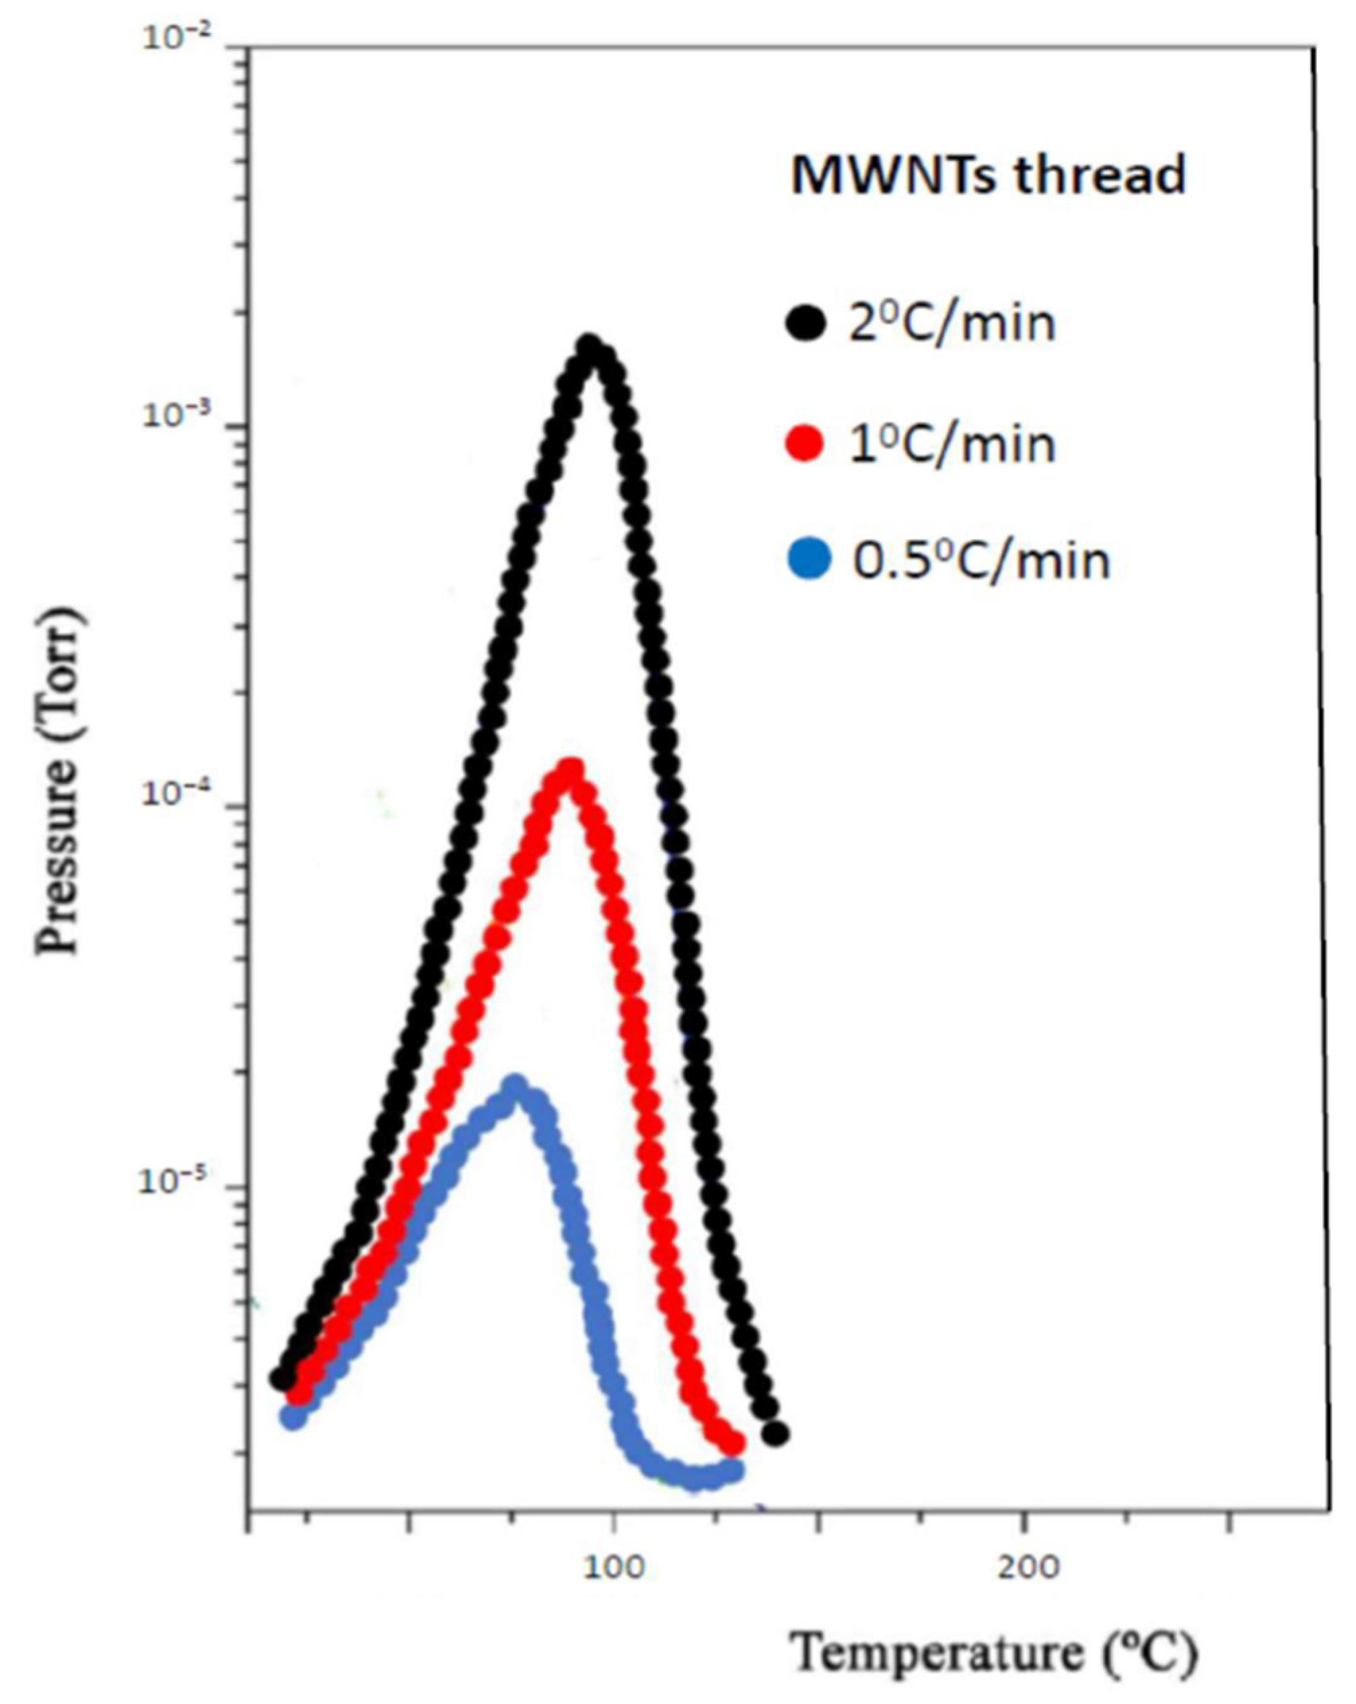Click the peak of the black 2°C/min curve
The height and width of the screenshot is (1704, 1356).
coord(588,349)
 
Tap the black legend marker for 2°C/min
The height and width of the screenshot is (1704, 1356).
coord(806,322)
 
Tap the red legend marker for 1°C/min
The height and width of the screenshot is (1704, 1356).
coord(806,443)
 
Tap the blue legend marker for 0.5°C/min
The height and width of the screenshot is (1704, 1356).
coord(809,559)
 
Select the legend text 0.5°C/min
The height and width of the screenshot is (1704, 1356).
coord(981,561)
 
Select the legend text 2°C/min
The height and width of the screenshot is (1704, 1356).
coord(952,323)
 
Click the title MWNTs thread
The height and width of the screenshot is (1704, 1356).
coord(988,175)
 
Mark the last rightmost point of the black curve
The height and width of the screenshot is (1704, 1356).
coord(777,1433)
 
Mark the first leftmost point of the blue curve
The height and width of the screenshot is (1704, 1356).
coord(294,1417)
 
